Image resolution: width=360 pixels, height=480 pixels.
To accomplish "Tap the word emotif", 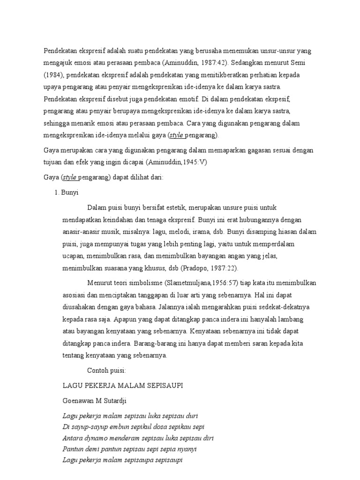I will [186, 99].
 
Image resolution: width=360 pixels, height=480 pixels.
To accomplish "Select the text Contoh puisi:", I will [106, 371].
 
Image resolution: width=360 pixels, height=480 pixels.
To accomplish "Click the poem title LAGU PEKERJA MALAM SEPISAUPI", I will [123, 385].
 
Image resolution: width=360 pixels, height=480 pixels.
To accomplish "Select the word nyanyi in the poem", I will [187, 449].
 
